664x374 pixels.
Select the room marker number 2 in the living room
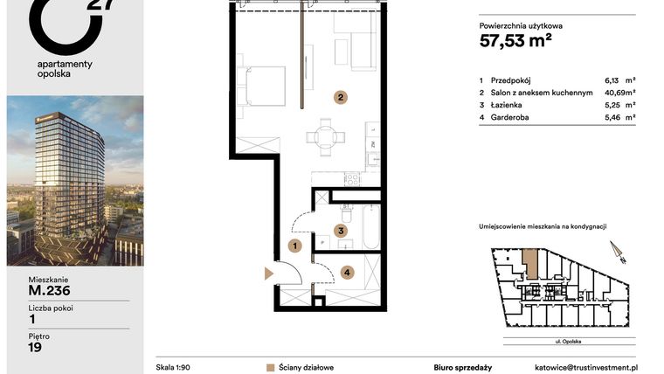[x=342, y=97]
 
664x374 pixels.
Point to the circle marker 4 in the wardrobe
[x=347, y=272]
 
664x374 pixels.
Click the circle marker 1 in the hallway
[x=296, y=246]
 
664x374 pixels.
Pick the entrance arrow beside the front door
[x=269, y=274]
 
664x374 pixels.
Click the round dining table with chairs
[x=325, y=136]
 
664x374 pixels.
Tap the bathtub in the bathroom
[x=370, y=226]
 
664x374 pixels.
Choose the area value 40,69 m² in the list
[x=619, y=92]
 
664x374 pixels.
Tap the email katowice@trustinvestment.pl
[x=588, y=368]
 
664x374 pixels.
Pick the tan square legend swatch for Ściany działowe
[x=270, y=368]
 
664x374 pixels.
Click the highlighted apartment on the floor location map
[x=530, y=263]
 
